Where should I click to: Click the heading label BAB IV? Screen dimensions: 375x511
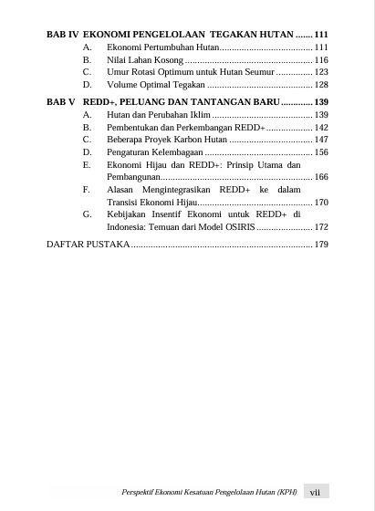61,34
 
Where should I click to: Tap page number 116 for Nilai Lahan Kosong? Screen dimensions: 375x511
320,58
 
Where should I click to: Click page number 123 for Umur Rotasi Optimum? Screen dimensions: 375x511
320,71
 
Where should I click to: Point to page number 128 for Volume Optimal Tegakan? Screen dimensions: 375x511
320,84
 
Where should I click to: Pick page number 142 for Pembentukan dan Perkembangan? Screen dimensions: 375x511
320,129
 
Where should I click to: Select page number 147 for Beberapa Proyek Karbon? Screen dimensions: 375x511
320,141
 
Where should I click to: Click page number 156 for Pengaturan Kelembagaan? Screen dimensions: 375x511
320,153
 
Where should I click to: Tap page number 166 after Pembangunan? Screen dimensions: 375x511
320,177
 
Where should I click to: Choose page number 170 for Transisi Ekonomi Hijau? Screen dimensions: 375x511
320,202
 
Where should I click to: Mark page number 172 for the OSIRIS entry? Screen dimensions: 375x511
320,226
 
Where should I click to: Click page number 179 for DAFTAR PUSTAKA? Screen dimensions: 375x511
320,245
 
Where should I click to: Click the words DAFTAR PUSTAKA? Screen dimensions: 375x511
88,245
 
